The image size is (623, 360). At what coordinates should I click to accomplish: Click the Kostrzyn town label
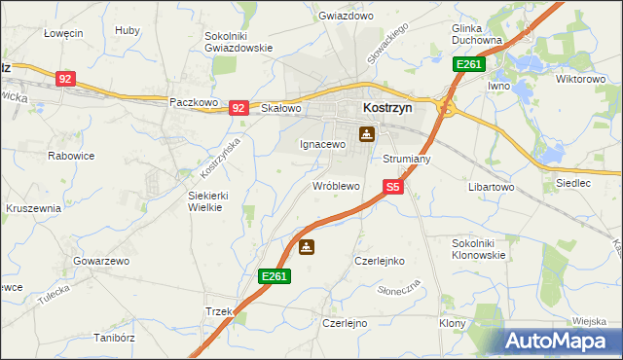[387, 109]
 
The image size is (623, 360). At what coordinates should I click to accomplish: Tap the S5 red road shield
[391, 186]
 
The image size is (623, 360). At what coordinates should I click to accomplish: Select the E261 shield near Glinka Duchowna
[468, 64]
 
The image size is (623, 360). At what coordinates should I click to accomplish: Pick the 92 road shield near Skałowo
[238, 108]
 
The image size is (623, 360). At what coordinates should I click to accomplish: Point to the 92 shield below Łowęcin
[65, 79]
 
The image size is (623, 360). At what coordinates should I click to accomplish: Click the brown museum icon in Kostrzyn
[367, 134]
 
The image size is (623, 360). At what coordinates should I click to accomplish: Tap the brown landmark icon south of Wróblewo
[307, 247]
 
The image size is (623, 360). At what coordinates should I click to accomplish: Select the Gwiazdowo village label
[346, 17]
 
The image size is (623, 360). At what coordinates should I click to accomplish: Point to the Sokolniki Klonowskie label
[479, 248]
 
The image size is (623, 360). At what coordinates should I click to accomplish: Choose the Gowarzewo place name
[100, 262]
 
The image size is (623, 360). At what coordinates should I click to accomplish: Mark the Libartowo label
[491, 186]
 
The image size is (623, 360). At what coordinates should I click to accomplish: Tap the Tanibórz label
[113, 339]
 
